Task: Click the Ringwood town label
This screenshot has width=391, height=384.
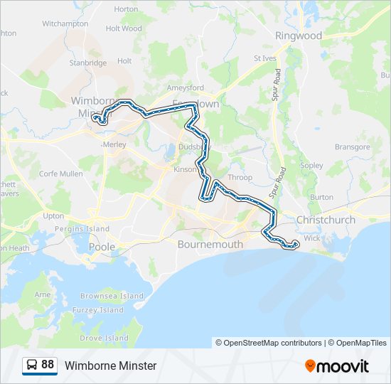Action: coord(299,36)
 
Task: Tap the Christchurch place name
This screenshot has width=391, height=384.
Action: coord(326,220)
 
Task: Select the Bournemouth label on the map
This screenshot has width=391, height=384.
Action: coord(210,245)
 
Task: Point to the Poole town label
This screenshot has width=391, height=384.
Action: coord(102,246)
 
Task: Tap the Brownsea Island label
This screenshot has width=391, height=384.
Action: coord(112,296)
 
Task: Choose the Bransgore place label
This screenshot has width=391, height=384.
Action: coord(353,147)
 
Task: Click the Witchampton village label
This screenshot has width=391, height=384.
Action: coord(65,23)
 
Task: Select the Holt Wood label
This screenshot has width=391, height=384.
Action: coord(124,29)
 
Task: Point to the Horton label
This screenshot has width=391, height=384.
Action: coord(126,9)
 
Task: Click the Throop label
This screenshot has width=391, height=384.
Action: coord(240,178)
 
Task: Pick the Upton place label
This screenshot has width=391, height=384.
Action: coord(53,215)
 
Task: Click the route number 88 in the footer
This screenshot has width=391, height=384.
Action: coord(48,365)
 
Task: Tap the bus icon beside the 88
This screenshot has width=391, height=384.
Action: coord(33,365)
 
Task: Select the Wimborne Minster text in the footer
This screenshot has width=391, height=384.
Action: coord(110,366)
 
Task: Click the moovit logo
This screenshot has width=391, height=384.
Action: coord(337,366)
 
